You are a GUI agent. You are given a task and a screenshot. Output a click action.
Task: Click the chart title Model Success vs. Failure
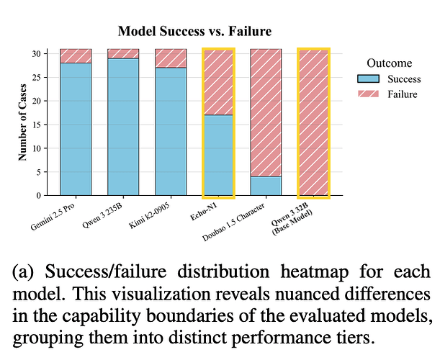click(x=194, y=32)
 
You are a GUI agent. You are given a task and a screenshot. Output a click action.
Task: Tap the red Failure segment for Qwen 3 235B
click(x=123, y=53)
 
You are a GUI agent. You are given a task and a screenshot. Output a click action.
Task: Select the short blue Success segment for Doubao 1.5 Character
click(x=265, y=185)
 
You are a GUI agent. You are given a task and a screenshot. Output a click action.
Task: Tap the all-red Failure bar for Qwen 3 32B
click(x=313, y=122)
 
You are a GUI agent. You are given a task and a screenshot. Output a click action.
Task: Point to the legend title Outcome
click(x=389, y=63)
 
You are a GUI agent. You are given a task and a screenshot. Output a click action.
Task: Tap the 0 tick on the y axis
click(x=40, y=195)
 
